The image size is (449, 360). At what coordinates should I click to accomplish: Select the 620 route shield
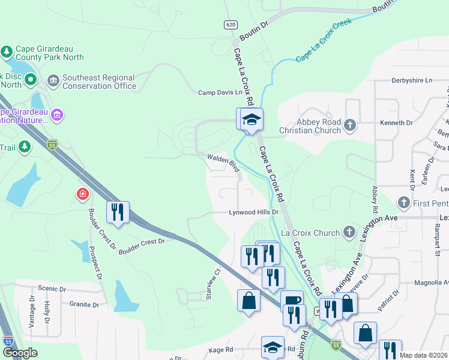click(x=231, y=25)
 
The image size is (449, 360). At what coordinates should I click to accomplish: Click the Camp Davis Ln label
click(x=221, y=92)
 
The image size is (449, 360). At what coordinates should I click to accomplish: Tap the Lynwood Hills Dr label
click(x=255, y=212)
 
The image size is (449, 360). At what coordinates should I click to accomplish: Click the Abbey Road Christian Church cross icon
click(x=350, y=125)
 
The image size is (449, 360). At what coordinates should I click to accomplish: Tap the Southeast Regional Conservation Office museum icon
click(x=53, y=80)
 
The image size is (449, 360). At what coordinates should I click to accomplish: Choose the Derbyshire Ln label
click(x=412, y=80)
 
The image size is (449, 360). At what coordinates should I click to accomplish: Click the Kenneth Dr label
click(x=396, y=122)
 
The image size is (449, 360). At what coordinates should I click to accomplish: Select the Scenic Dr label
click(x=51, y=289)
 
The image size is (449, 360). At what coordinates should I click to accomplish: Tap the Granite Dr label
click(x=83, y=305)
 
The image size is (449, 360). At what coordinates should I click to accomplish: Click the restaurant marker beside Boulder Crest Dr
click(x=117, y=211)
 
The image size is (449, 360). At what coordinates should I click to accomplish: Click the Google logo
click(x=20, y=353)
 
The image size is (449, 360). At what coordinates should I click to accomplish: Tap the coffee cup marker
click(x=292, y=300)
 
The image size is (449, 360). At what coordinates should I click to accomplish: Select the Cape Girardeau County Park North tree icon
click(x=7, y=52)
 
